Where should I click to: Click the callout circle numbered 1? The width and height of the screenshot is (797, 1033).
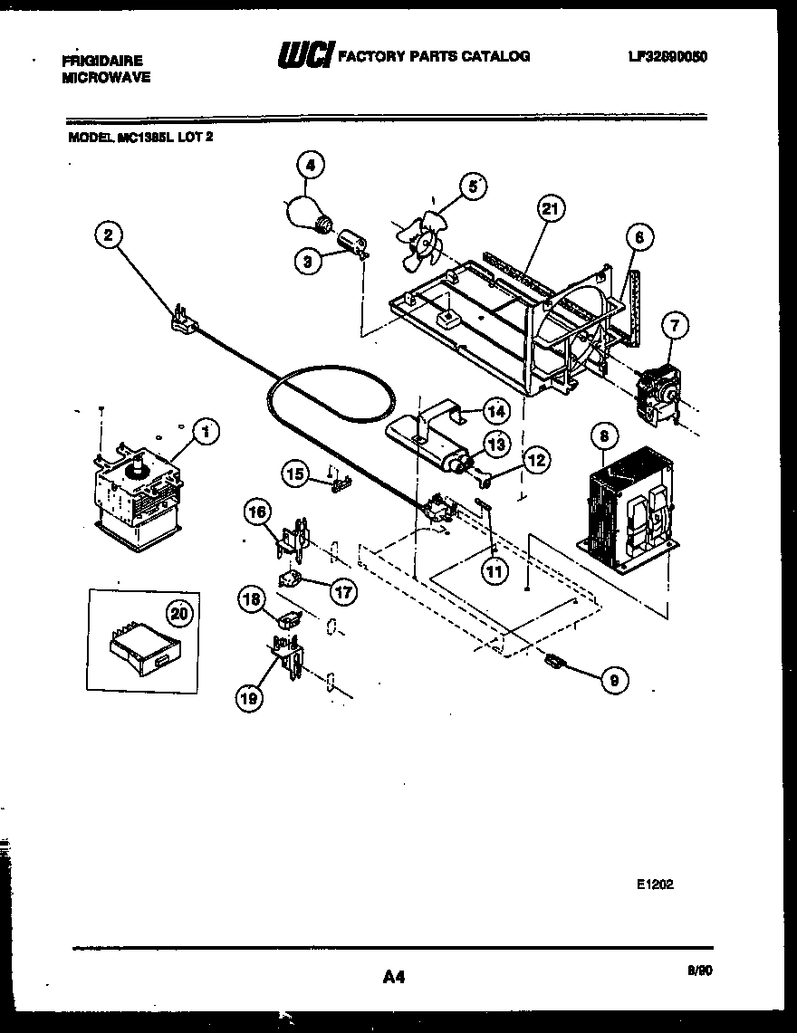[206, 431]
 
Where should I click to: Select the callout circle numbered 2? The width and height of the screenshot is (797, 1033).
[108, 235]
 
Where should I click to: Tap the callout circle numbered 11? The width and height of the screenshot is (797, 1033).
[495, 571]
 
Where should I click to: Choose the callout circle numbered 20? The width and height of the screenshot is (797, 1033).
[181, 613]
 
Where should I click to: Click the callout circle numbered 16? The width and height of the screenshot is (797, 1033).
[256, 513]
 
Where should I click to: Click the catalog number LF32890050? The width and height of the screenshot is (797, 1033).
[667, 56]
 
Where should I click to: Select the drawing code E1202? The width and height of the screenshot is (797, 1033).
[654, 885]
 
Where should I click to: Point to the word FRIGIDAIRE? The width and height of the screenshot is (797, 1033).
[101, 61]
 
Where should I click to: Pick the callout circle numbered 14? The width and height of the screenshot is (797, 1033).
[495, 411]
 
